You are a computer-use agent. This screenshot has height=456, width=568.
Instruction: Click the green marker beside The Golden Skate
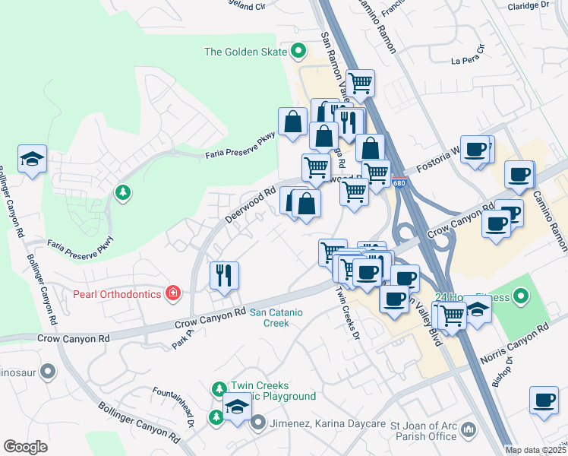tap(298, 52)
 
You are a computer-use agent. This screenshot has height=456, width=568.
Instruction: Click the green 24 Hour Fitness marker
tap(520, 296)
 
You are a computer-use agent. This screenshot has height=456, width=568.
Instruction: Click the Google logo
tap(26, 447)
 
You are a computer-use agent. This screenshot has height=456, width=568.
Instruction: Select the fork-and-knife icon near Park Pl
tap(223, 275)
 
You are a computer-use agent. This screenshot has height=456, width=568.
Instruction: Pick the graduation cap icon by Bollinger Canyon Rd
tap(32, 159)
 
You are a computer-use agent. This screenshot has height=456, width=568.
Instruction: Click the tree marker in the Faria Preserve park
tap(121, 192)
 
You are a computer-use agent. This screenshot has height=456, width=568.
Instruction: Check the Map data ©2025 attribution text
tap(535, 450)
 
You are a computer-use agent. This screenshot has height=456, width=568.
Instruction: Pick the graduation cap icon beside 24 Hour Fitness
tap(477, 309)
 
